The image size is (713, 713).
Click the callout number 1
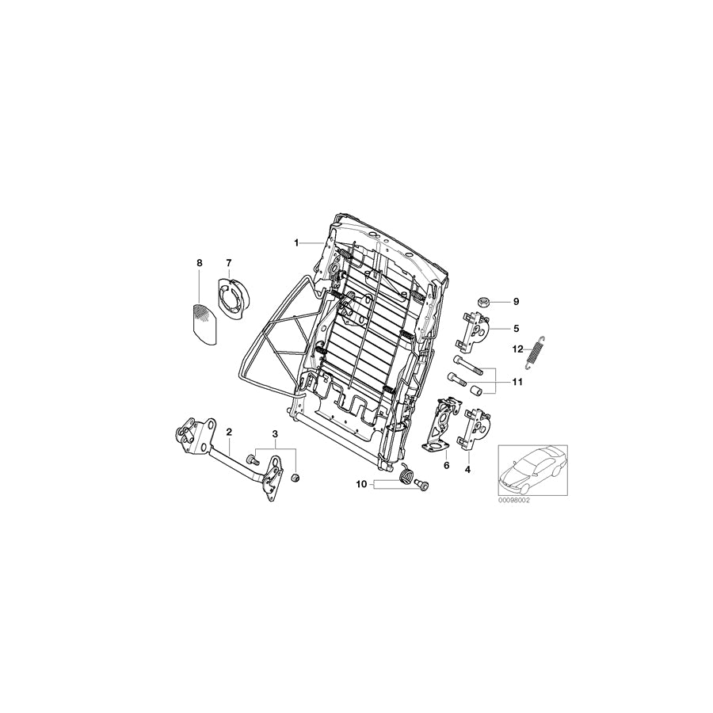296,243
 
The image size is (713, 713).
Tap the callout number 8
199,263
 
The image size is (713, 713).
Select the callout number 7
229,263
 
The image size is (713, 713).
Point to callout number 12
518,349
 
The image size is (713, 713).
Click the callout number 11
517,382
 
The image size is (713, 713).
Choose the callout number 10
361,485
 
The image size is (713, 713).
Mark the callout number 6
446,466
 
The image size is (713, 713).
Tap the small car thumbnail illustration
533,471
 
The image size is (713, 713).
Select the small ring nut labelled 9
483,302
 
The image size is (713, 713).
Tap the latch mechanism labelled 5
475,332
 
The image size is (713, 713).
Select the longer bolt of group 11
467,365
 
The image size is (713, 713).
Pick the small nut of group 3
295,478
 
